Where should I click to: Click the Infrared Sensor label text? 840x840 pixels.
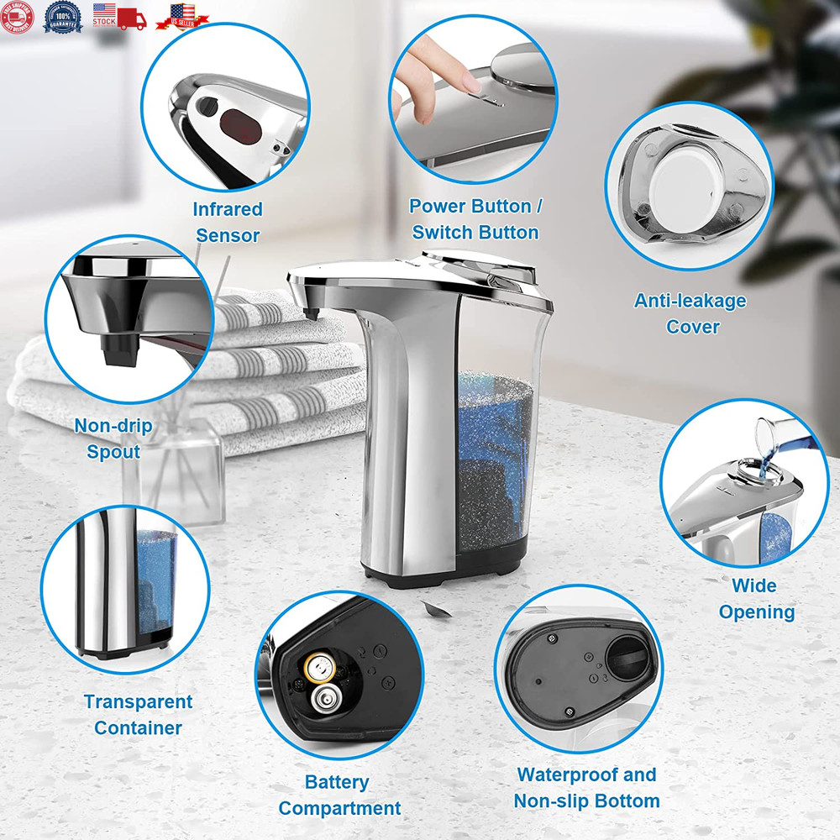point(227,222)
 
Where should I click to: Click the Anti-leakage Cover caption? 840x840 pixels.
point(691,313)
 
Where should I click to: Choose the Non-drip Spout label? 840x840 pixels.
point(113,438)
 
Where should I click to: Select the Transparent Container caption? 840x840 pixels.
point(138,714)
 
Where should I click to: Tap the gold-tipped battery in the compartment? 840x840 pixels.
point(319,669)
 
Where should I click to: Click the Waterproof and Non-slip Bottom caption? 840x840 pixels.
point(585,787)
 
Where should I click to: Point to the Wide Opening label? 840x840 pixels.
point(755,598)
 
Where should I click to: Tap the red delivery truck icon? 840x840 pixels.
point(131,18)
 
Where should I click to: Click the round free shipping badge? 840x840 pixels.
point(18,16)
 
